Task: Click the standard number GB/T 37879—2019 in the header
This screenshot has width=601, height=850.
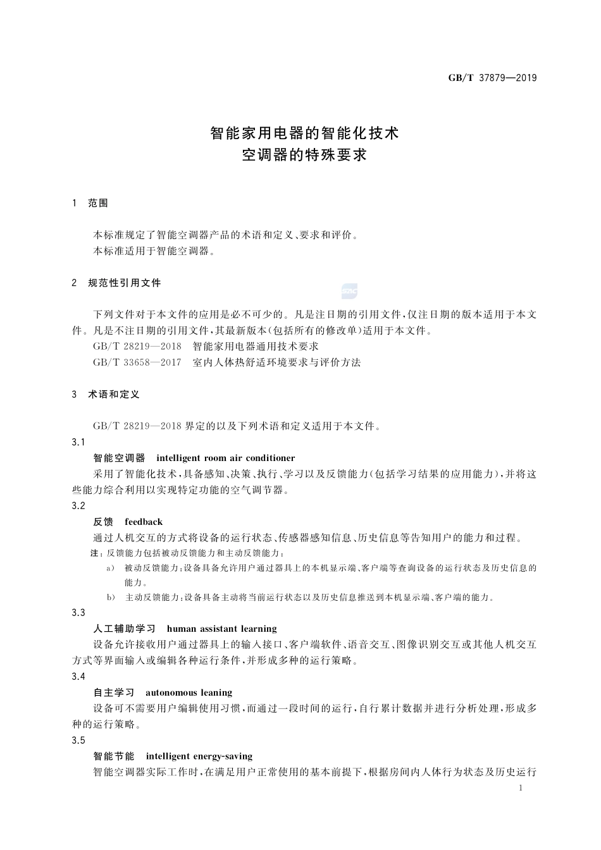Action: pyautogui.click(x=492, y=78)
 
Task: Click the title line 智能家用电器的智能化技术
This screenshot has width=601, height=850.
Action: pyautogui.click(x=304, y=133)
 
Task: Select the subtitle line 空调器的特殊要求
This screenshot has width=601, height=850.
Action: pyautogui.click(x=304, y=155)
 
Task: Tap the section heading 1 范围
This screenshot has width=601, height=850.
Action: pyautogui.click(x=91, y=203)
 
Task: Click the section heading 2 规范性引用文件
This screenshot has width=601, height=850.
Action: pyautogui.click(x=117, y=283)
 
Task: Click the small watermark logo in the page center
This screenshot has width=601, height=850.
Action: pyautogui.click(x=350, y=291)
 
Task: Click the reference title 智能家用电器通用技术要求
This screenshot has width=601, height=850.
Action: pyautogui.click(x=256, y=346)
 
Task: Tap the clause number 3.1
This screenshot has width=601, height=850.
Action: pyautogui.click(x=79, y=441)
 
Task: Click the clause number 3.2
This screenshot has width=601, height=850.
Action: pyautogui.click(x=79, y=505)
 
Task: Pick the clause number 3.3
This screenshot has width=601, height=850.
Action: pyautogui.click(x=79, y=612)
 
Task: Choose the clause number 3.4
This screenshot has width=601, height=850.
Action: pyautogui.click(x=79, y=676)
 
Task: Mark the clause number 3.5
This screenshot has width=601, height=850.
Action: pyautogui.click(x=79, y=740)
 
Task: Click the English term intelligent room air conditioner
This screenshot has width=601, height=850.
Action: pyautogui.click(x=225, y=458)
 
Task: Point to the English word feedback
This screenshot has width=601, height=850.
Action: pyautogui.click(x=144, y=522)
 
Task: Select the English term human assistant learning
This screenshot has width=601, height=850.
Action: pyautogui.click(x=221, y=629)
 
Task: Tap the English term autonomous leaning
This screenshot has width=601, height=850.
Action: pyautogui.click(x=189, y=693)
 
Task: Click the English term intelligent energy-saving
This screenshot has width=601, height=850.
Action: pyautogui.click(x=199, y=756)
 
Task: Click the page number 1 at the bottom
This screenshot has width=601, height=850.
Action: pyautogui.click(x=520, y=788)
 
